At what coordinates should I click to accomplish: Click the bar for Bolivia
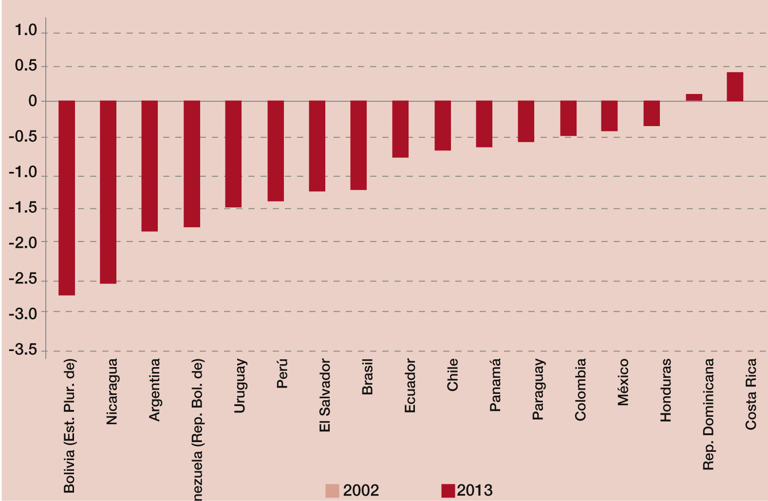[67, 198]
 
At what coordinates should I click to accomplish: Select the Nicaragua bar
[108, 192]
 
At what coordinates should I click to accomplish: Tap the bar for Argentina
[150, 166]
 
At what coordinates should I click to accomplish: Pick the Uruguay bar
[233, 154]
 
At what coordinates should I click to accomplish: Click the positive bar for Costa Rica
[735, 87]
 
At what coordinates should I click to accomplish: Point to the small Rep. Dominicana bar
[694, 97]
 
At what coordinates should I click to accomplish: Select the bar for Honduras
[652, 113]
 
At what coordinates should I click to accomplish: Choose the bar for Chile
[443, 126]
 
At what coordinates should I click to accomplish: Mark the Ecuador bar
[400, 129]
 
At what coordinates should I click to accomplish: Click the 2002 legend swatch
[332, 491]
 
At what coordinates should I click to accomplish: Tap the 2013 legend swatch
[448, 491]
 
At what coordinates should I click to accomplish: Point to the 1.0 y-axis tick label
[26, 31]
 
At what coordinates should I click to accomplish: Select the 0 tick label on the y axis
[33, 101]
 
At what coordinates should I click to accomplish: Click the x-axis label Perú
[282, 373]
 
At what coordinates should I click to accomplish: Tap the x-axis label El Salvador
[324, 395]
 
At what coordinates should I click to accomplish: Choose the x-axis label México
[623, 382]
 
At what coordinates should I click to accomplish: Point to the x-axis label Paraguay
[538, 390]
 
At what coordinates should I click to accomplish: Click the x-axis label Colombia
[580, 390]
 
